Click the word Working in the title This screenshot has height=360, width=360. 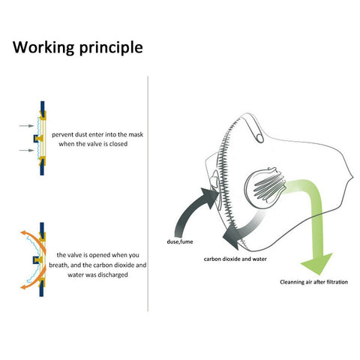(43, 47)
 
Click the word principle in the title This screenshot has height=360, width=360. (111, 47)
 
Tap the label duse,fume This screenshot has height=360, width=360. (180, 241)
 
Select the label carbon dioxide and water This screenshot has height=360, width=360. (235, 259)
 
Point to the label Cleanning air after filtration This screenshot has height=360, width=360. (313, 282)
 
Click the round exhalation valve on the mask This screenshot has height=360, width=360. (265, 186)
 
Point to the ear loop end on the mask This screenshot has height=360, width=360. (259, 138)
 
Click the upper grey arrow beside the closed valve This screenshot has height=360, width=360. (26, 126)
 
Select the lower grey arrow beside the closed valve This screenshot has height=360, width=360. (26, 150)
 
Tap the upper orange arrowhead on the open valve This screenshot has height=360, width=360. (24, 233)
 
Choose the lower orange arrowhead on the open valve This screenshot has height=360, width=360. (24, 286)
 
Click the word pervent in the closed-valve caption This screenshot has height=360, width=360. (61, 135)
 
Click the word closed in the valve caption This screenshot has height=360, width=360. (118, 144)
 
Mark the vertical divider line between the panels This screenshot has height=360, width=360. (148, 193)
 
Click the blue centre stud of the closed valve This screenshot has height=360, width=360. (36, 138)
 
